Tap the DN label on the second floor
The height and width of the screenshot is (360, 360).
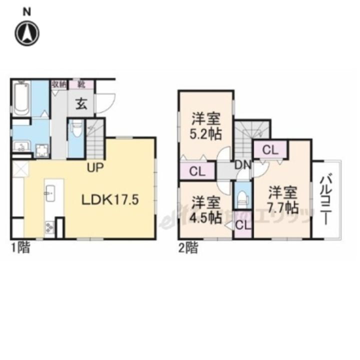[x=243, y=164]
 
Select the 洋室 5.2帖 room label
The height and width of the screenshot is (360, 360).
[x=205, y=127]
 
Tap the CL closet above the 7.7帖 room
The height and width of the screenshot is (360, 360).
[x=270, y=149]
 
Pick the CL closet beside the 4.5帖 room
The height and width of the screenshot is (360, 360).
[x=242, y=224]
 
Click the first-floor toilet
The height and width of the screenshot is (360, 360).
[x=76, y=131]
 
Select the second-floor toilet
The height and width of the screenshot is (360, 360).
[x=242, y=196]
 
